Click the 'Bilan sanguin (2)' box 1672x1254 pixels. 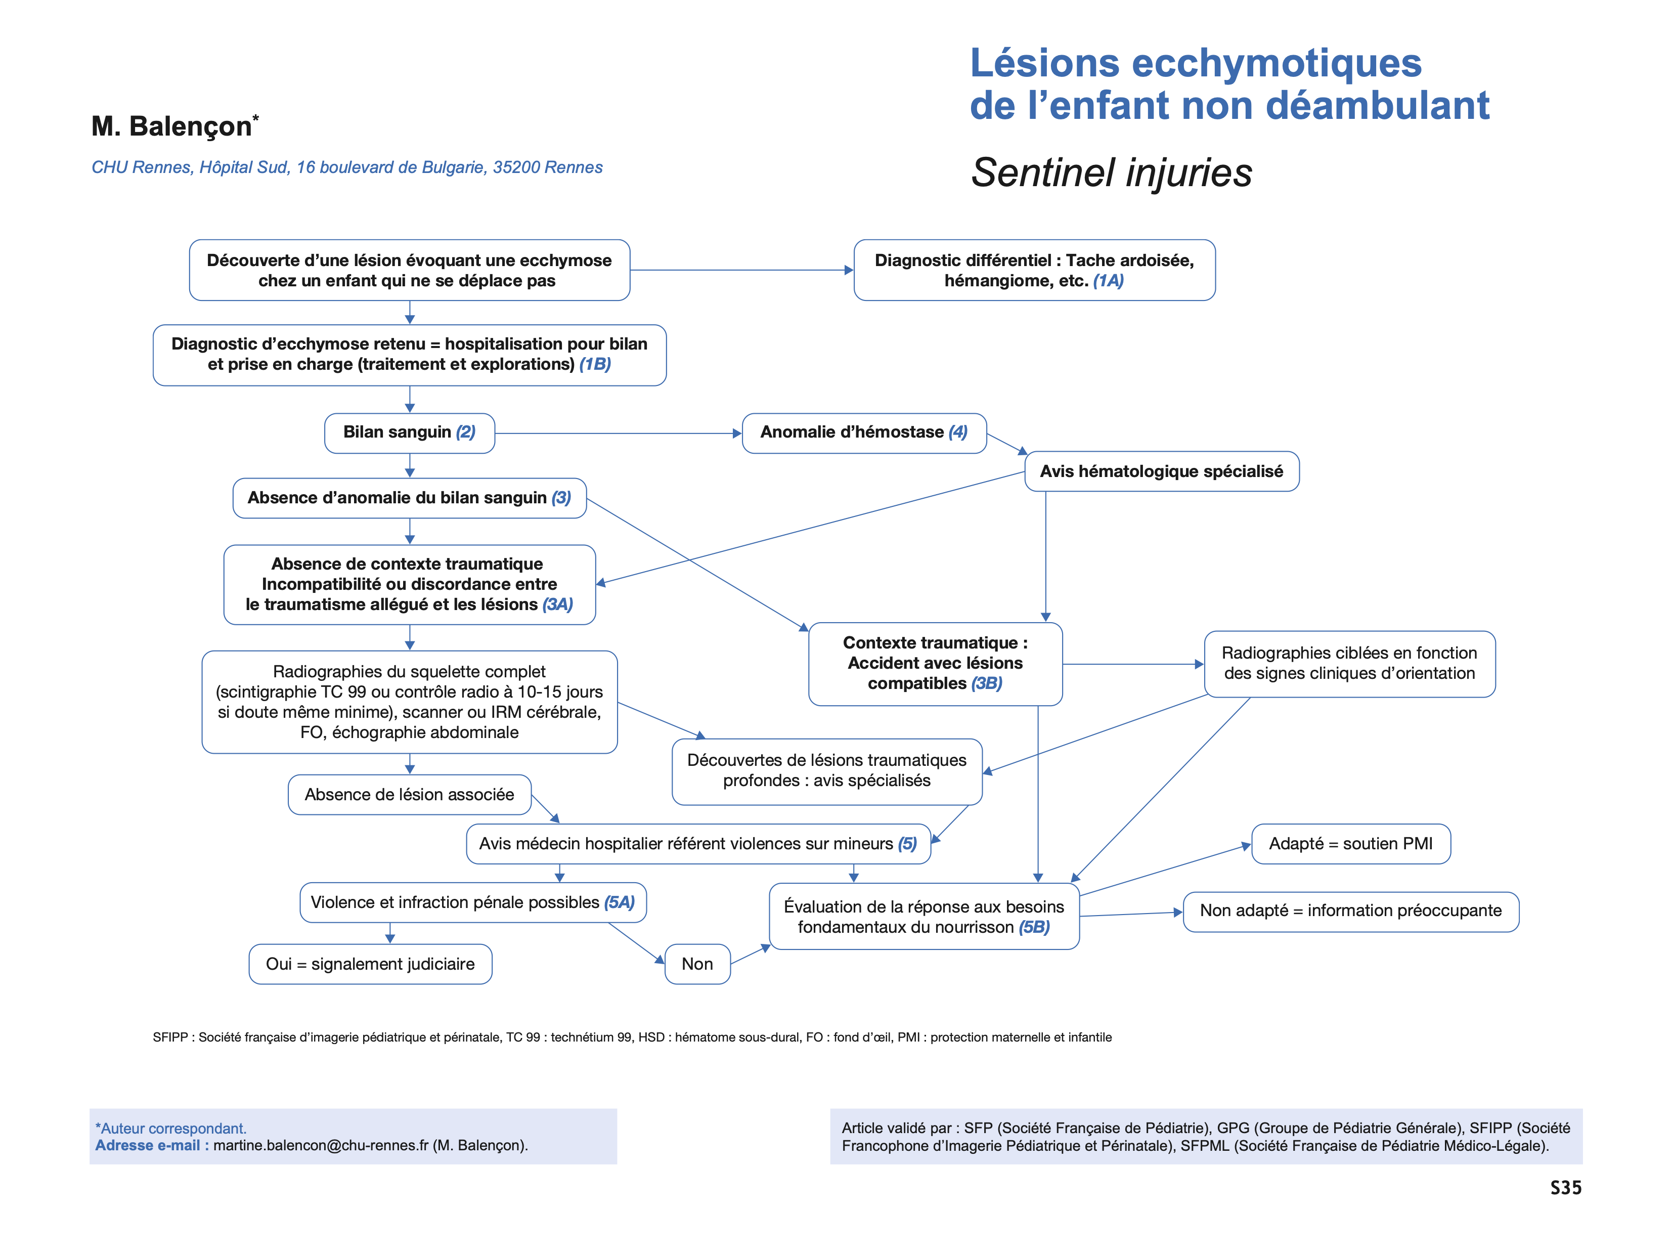[x=409, y=433]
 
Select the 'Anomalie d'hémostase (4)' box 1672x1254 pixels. [x=863, y=433]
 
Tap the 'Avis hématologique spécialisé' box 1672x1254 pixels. [x=1161, y=471]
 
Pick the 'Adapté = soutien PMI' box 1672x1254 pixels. [x=1350, y=844]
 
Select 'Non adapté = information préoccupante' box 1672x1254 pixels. [x=1350, y=911]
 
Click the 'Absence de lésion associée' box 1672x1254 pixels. [x=409, y=794]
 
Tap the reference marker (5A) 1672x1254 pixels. [x=619, y=902]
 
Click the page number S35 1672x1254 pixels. [x=1565, y=1188]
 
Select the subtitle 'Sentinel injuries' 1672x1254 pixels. [x=1111, y=172]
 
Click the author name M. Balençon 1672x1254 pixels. [x=172, y=126]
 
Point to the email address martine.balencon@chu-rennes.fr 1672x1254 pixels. [x=321, y=1145]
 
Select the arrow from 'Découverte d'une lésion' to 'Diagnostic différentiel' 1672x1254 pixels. [x=741, y=270]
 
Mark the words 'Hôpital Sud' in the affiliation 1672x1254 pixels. [x=243, y=168]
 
